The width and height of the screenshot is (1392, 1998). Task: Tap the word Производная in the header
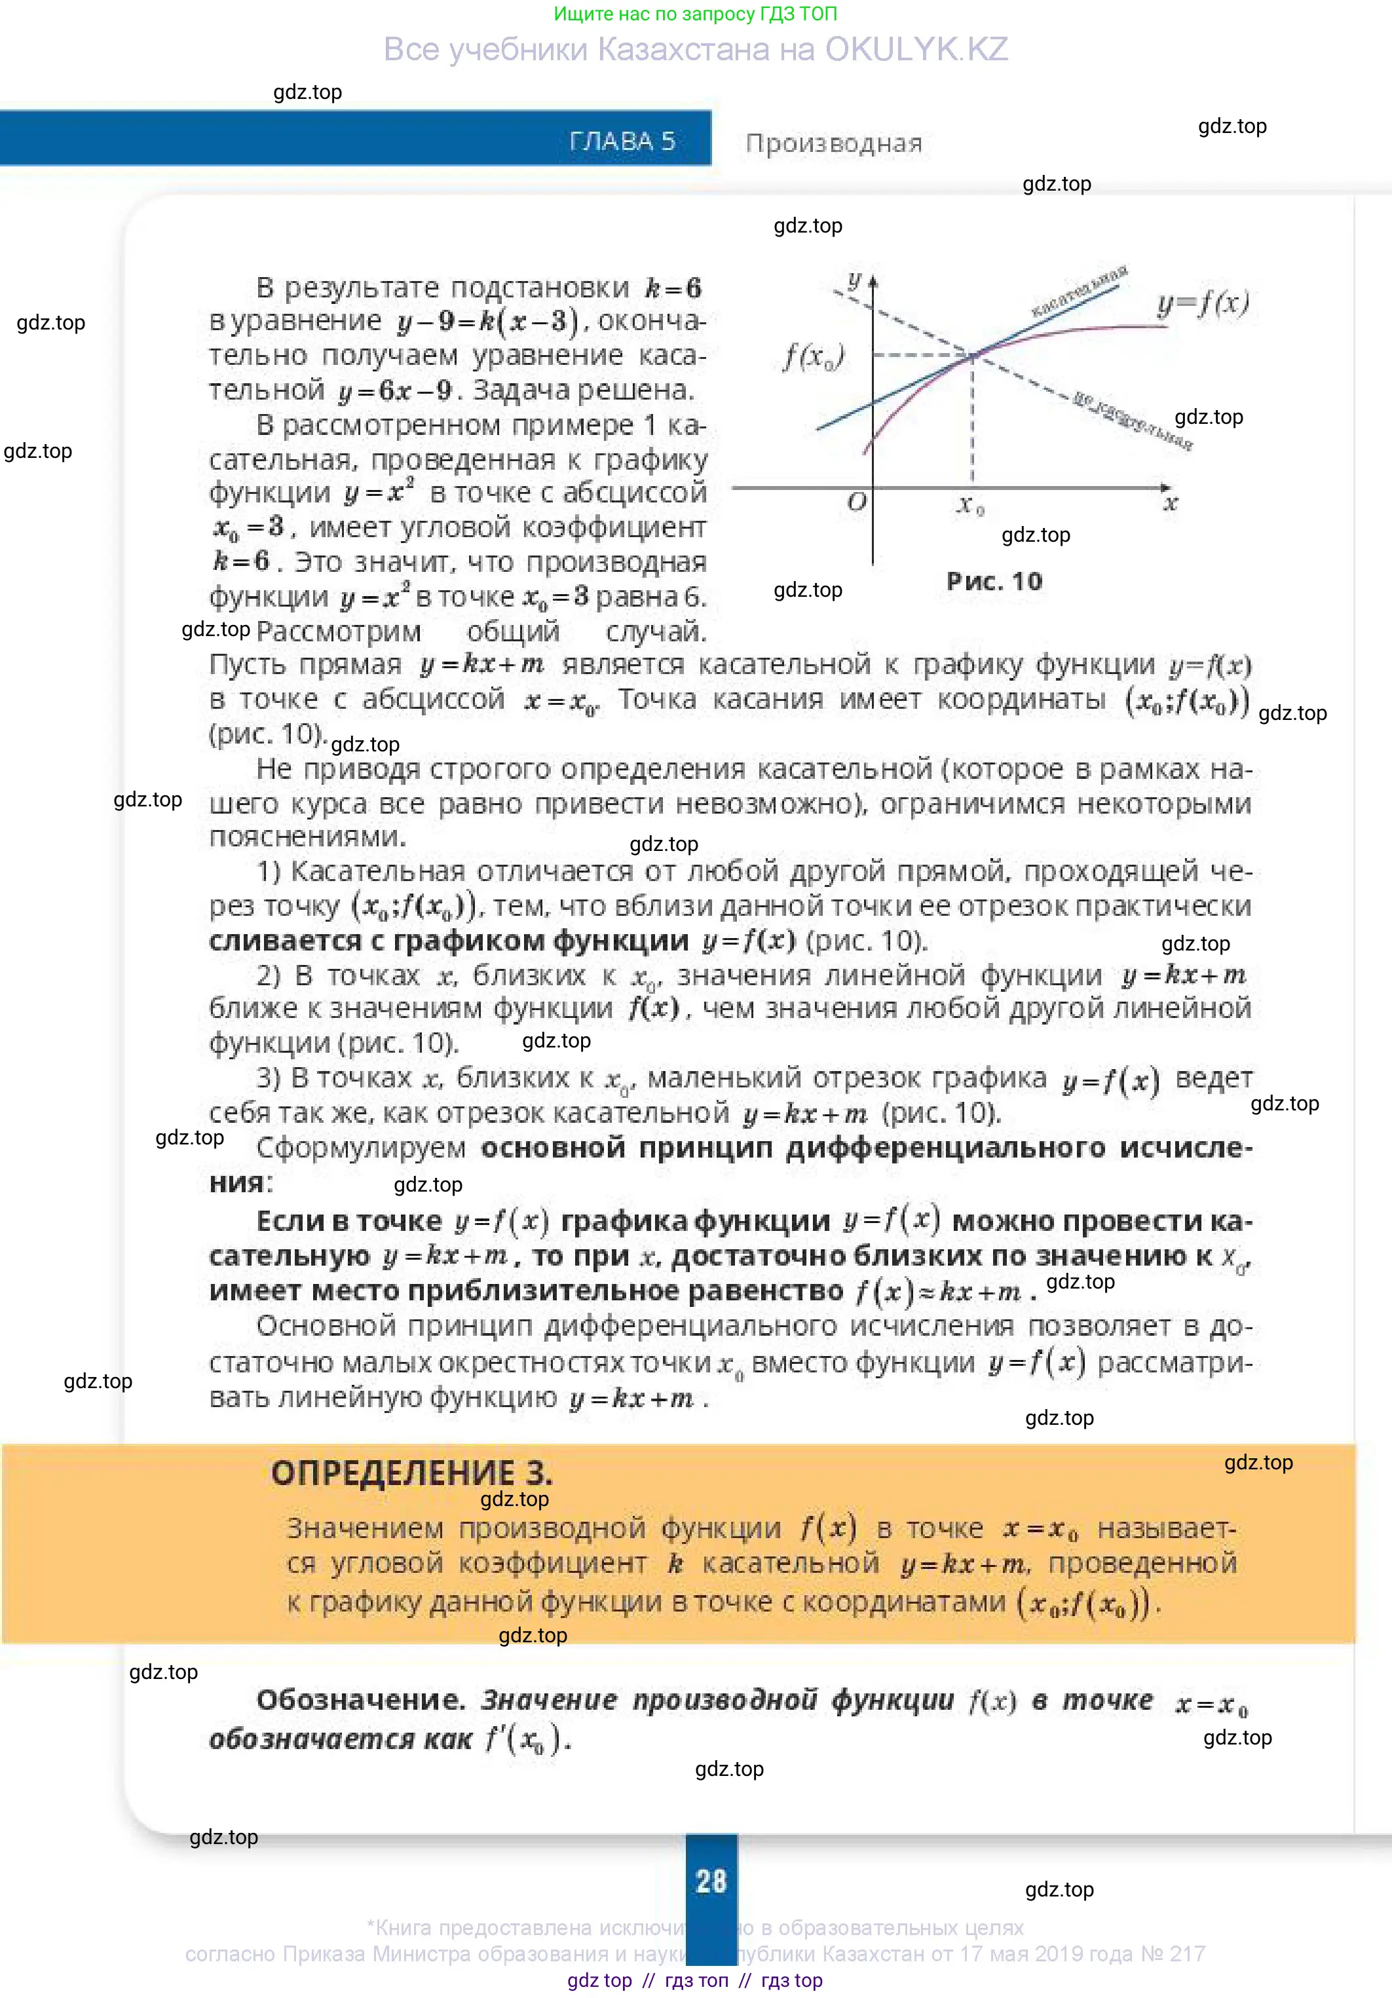click(833, 143)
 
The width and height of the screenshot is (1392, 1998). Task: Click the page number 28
click(711, 1881)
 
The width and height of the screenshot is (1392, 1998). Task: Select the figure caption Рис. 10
click(994, 581)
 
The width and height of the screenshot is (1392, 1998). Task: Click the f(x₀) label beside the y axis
click(814, 356)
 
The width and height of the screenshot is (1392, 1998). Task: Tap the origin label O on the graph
click(857, 502)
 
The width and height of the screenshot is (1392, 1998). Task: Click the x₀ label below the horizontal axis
click(970, 504)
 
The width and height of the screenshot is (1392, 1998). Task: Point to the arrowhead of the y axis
click(873, 280)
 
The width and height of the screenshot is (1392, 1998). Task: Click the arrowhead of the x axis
click(1166, 487)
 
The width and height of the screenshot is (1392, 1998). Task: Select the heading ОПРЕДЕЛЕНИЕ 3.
click(411, 1473)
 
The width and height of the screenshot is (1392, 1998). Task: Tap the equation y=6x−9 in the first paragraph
click(395, 390)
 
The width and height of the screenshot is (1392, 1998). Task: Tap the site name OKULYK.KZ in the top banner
click(916, 50)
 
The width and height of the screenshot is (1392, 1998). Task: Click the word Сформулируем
click(361, 1148)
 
